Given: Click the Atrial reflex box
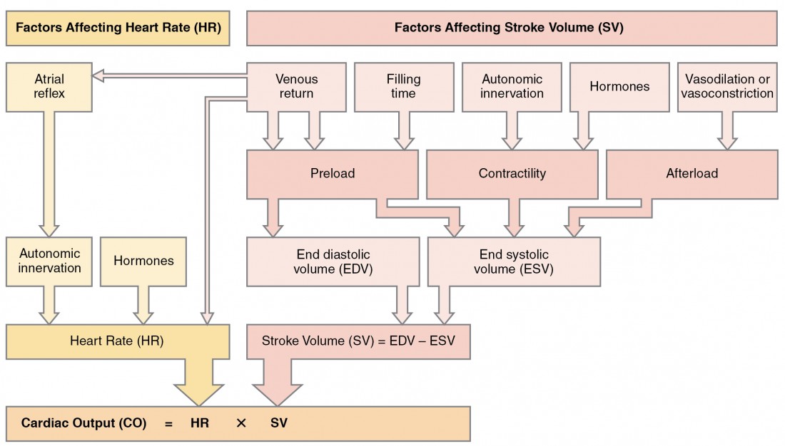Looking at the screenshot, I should [x=49, y=87].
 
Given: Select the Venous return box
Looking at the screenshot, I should [x=296, y=87].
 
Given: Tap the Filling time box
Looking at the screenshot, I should [x=404, y=87].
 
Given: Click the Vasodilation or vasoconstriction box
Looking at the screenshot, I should [x=727, y=87].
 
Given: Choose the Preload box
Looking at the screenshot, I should [x=333, y=173].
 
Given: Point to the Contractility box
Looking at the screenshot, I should [x=512, y=173].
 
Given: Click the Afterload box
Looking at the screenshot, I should [x=692, y=173].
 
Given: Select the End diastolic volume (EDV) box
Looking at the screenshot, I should [x=333, y=261].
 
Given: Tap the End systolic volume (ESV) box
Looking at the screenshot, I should [x=513, y=261].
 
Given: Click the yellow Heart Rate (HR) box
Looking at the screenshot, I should [x=117, y=341].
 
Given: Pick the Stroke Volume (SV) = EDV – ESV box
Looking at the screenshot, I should [x=358, y=341].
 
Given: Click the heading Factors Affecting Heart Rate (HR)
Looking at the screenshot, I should [x=118, y=28].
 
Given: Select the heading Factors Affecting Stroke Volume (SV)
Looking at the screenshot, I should [x=512, y=28].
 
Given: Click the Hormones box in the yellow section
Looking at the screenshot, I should [x=143, y=261].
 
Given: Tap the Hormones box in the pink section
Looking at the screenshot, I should [x=619, y=87].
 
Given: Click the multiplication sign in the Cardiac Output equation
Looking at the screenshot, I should [x=240, y=423].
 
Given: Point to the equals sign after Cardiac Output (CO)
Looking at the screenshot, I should [x=168, y=423].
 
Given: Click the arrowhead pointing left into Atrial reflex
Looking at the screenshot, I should [x=101, y=73].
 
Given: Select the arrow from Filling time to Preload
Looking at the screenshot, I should [x=404, y=130].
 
